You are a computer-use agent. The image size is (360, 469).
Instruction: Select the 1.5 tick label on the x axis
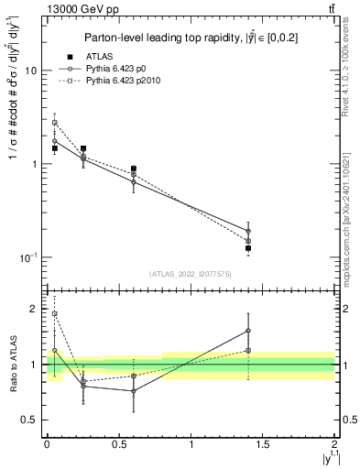tap(263, 443)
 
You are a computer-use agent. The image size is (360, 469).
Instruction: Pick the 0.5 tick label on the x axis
tap(118, 443)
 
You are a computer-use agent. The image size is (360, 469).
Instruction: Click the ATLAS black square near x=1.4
tap(248, 248)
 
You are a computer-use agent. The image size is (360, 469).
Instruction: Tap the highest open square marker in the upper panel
tap(54, 123)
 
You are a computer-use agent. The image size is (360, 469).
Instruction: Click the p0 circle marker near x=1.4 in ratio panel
tap(248, 331)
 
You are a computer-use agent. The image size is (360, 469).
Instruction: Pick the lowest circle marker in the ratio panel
tap(134, 391)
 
